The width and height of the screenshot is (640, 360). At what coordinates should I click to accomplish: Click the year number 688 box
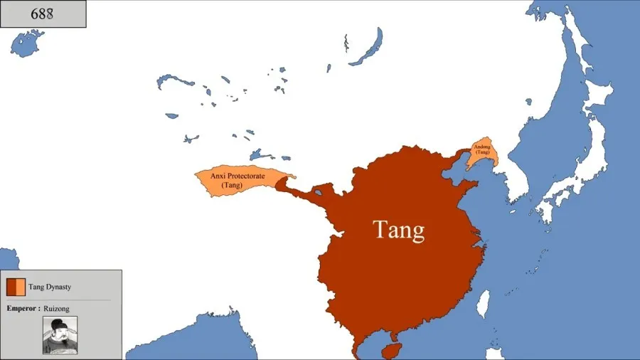pyautogui.click(x=43, y=14)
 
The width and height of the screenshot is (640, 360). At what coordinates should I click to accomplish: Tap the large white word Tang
pyautogui.click(x=398, y=230)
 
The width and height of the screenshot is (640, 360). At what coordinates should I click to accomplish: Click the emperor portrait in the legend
pyautogui.click(x=60, y=335)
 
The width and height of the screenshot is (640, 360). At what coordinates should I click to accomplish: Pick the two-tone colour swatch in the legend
pyautogui.click(x=16, y=287)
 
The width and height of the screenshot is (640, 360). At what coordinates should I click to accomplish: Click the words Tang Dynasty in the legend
pyautogui.click(x=50, y=287)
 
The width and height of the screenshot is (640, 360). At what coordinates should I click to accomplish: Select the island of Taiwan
pyautogui.click(x=481, y=303)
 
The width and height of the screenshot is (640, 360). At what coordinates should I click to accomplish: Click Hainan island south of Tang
pyautogui.click(x=391, y=351)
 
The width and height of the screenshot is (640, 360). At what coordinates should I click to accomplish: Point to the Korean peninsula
pyautogui.click(x=518, y=181)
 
